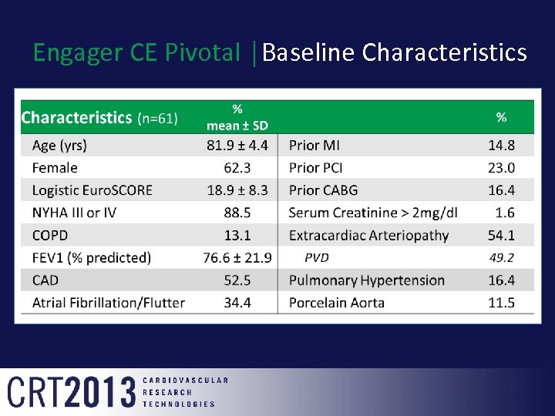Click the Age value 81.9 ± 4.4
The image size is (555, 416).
point(237,146)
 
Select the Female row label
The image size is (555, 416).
point(55,168)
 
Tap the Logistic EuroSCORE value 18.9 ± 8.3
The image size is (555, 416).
point(237,190)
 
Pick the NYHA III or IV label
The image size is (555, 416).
point(74,213)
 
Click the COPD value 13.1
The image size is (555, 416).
point(237,235)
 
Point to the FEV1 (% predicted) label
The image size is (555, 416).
point(92,257)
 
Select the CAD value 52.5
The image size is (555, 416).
point(237,280)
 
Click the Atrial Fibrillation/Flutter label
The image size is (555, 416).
point(109,303)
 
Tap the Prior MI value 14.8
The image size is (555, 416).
point(501,146)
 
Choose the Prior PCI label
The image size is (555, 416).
point(316,168)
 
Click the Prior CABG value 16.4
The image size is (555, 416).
point(501,190)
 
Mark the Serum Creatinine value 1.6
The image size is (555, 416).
point(506,213)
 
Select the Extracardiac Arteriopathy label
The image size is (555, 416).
point(368,235)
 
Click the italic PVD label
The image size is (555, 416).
point(317,258)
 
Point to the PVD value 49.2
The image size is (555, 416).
point(501,258)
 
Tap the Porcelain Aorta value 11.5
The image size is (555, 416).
point(501,303)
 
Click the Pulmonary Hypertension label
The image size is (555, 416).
point(366,280)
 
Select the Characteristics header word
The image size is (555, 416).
point(76,118)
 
